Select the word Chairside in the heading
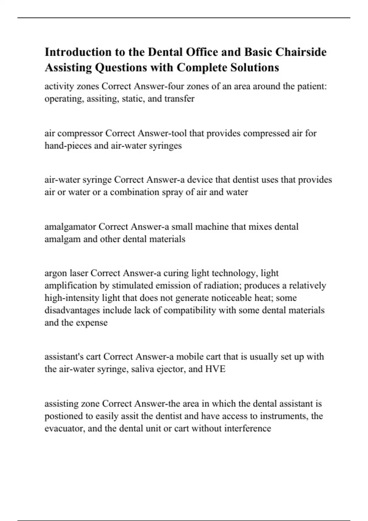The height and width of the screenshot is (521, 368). tap(301, 52)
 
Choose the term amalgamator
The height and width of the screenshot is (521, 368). tap(70, 227)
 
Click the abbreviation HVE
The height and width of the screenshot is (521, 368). tap(215, 369)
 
